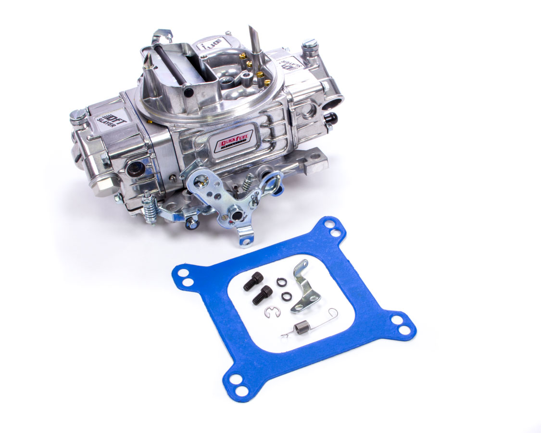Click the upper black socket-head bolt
tap(253, 281)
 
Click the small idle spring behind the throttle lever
tap(247, 183)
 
